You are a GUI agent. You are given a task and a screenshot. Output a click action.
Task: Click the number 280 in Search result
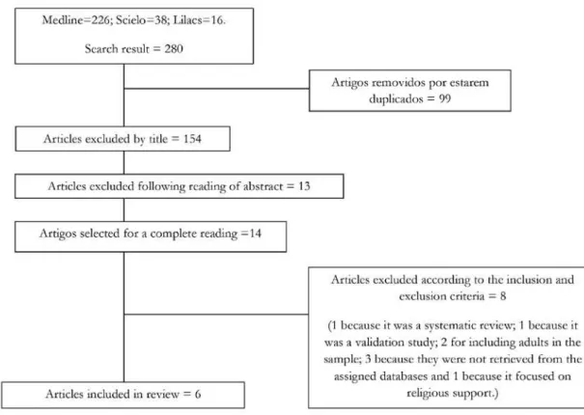[x=174, y=49]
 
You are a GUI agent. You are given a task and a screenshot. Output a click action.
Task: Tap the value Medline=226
[x=76, y=19]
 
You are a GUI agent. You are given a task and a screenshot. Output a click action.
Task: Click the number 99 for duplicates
[x=444, y=98]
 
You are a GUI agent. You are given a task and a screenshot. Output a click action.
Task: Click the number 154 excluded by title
[x=192, y=139]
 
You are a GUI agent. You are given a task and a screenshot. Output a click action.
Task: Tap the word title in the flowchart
[x=158, y=139]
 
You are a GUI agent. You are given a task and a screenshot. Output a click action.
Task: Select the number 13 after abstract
[x=304, y=186]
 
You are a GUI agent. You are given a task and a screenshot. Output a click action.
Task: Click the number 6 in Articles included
[x=198, y=394]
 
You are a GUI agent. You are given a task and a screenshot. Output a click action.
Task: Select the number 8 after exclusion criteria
[x=503, y=296]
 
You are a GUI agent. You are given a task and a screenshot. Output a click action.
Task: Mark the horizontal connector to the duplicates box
[x=216, y=89]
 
